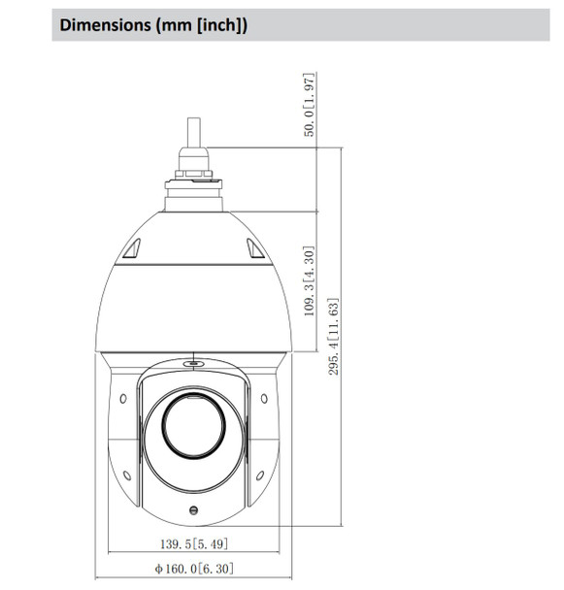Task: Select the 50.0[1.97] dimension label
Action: [309, 105]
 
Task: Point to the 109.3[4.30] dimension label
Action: [309, 281]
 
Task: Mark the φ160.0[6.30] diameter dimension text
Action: [192, 569]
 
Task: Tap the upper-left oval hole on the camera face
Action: [124, 399]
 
